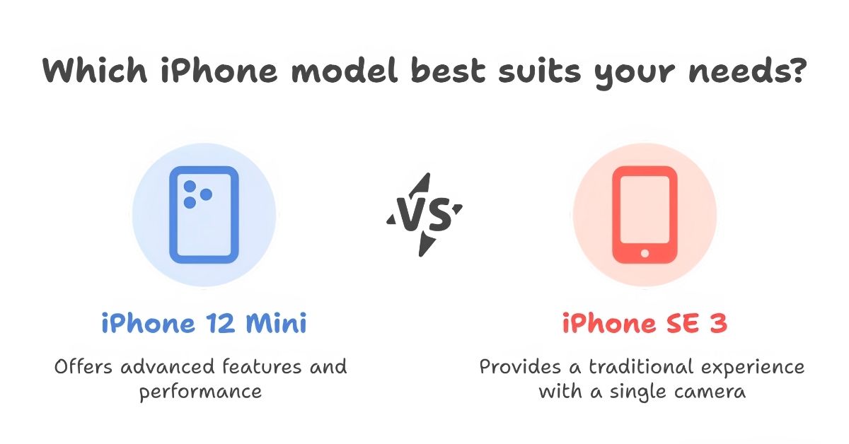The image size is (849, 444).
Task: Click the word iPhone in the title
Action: pyautogui.click(x=219, y=70)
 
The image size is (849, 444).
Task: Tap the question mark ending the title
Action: pyautogui.click(x=797, y=70)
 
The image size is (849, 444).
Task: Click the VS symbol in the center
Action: pyautogui.click(x=424, y=214)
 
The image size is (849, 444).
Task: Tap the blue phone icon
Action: pyautogui.click(x=204, y=214)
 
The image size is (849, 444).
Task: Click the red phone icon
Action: pyautogui.click(x=645, y=214)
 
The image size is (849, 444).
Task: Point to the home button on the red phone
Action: pyautogui.click(x=645, y=253)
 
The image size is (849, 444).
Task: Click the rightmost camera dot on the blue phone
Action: pyautogui.click(x=206, y=194)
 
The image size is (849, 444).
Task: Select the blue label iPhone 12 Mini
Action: pyautogui.click(x=204, y=323)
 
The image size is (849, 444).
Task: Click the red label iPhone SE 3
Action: pyautogui.click(x=645, y=323)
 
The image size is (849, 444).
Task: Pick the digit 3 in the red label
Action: pyautogui.click(x=719, y=323)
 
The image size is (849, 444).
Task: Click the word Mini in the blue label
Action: pyautogui.click(x=277, y=323)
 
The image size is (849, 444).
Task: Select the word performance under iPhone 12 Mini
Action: pyautogui.click(x=200, y=392)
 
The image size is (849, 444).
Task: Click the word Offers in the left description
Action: pyautogui.click(x=83, y=366)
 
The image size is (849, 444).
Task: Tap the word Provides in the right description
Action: pyautogui.click(x=520, y=366)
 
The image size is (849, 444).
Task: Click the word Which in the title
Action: pyautogui.click(x=95, y=70)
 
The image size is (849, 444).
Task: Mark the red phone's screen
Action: pyautogui.click(x=645, y=209)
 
